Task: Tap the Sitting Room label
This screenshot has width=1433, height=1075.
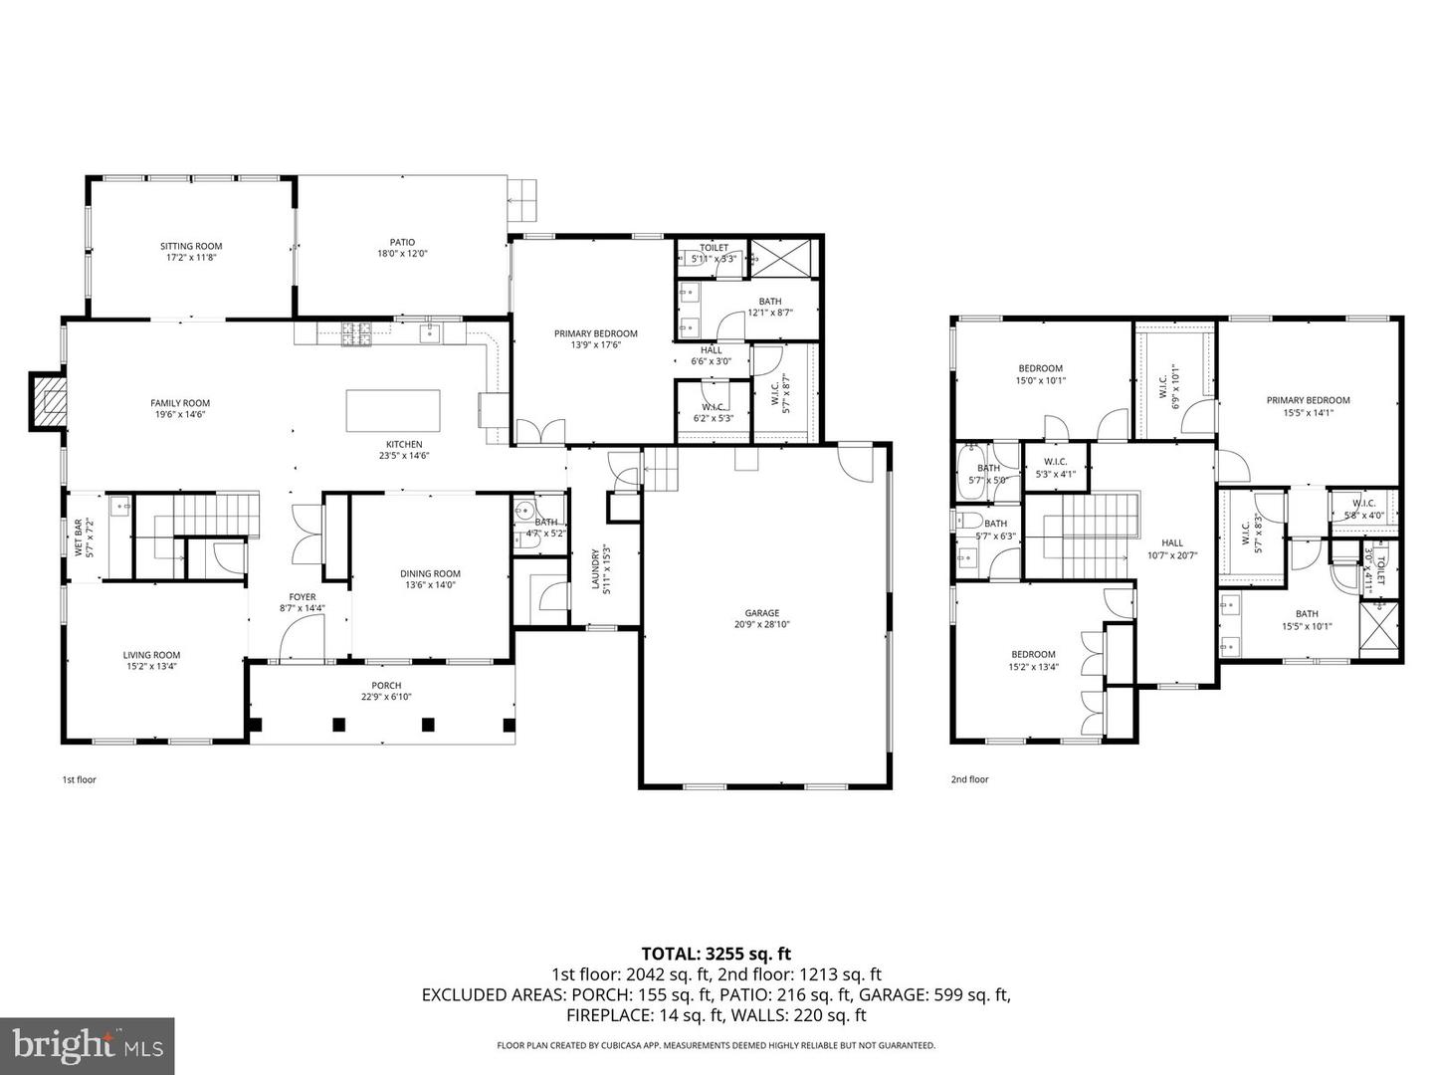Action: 191,246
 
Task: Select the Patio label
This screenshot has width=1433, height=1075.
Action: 402,242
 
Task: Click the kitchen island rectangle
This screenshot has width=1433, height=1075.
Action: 392,410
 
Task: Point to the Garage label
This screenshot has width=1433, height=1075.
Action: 762,613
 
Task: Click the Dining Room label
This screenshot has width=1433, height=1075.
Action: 430,573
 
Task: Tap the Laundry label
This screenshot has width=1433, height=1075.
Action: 596,569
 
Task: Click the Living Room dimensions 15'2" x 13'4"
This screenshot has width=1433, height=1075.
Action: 151,667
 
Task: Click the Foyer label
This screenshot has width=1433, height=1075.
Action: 303,596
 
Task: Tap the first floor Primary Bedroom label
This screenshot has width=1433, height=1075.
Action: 595,333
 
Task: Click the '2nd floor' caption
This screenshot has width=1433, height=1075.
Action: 969,779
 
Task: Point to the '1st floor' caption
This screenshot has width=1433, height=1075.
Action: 80,779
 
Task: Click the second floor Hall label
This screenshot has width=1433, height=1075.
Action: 1172,542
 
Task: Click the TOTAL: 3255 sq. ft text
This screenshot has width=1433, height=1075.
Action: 716,954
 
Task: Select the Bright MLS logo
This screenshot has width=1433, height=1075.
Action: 88,1045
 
